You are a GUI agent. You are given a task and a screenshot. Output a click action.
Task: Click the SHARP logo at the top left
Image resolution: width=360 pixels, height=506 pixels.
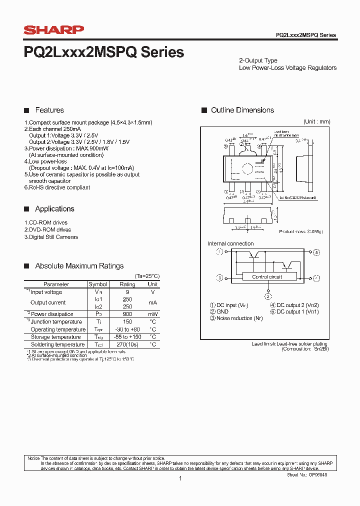click(54, 30)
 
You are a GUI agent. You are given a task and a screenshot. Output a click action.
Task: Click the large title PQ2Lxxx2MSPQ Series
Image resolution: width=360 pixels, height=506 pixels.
click(104, 52)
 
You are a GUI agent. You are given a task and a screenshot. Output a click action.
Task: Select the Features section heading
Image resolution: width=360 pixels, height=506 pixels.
click(49, 110)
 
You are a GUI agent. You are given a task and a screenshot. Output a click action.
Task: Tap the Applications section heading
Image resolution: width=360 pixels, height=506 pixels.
click(54, 209)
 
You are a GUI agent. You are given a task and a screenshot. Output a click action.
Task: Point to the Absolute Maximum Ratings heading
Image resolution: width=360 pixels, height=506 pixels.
click(79, 266)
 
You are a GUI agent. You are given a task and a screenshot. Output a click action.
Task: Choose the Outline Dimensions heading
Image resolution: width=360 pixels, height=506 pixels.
click(242, 110)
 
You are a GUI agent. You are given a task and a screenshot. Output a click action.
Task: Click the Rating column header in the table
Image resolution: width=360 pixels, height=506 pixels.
click(127, 284)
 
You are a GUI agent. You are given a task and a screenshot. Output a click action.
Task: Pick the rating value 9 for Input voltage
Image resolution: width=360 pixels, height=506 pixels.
click(127, 292)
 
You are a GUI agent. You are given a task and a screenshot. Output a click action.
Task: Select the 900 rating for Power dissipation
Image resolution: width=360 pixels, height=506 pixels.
click(127, 314)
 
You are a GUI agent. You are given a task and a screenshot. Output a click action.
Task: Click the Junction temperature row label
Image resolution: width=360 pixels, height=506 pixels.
click(56, 322)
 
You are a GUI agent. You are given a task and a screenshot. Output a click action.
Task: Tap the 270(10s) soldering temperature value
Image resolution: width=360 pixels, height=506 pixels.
click(127, 344)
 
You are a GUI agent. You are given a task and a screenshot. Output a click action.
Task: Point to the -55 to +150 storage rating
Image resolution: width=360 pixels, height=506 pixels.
click(127, 337)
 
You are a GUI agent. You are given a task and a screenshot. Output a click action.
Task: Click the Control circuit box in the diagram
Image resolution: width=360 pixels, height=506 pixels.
click(267, 276)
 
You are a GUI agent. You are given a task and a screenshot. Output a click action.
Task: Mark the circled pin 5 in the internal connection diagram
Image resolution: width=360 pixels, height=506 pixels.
click(316, 252)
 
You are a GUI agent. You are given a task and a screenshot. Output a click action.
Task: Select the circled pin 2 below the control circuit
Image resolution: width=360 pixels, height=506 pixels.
click(268, 296)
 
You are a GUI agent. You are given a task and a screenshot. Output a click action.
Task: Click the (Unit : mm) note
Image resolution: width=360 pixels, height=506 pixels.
click(316, 121)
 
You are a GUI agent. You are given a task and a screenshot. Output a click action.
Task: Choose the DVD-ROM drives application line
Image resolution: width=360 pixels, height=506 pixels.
click(47, 229)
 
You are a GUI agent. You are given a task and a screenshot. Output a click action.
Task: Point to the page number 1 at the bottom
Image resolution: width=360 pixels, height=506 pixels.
click(180, 478)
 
